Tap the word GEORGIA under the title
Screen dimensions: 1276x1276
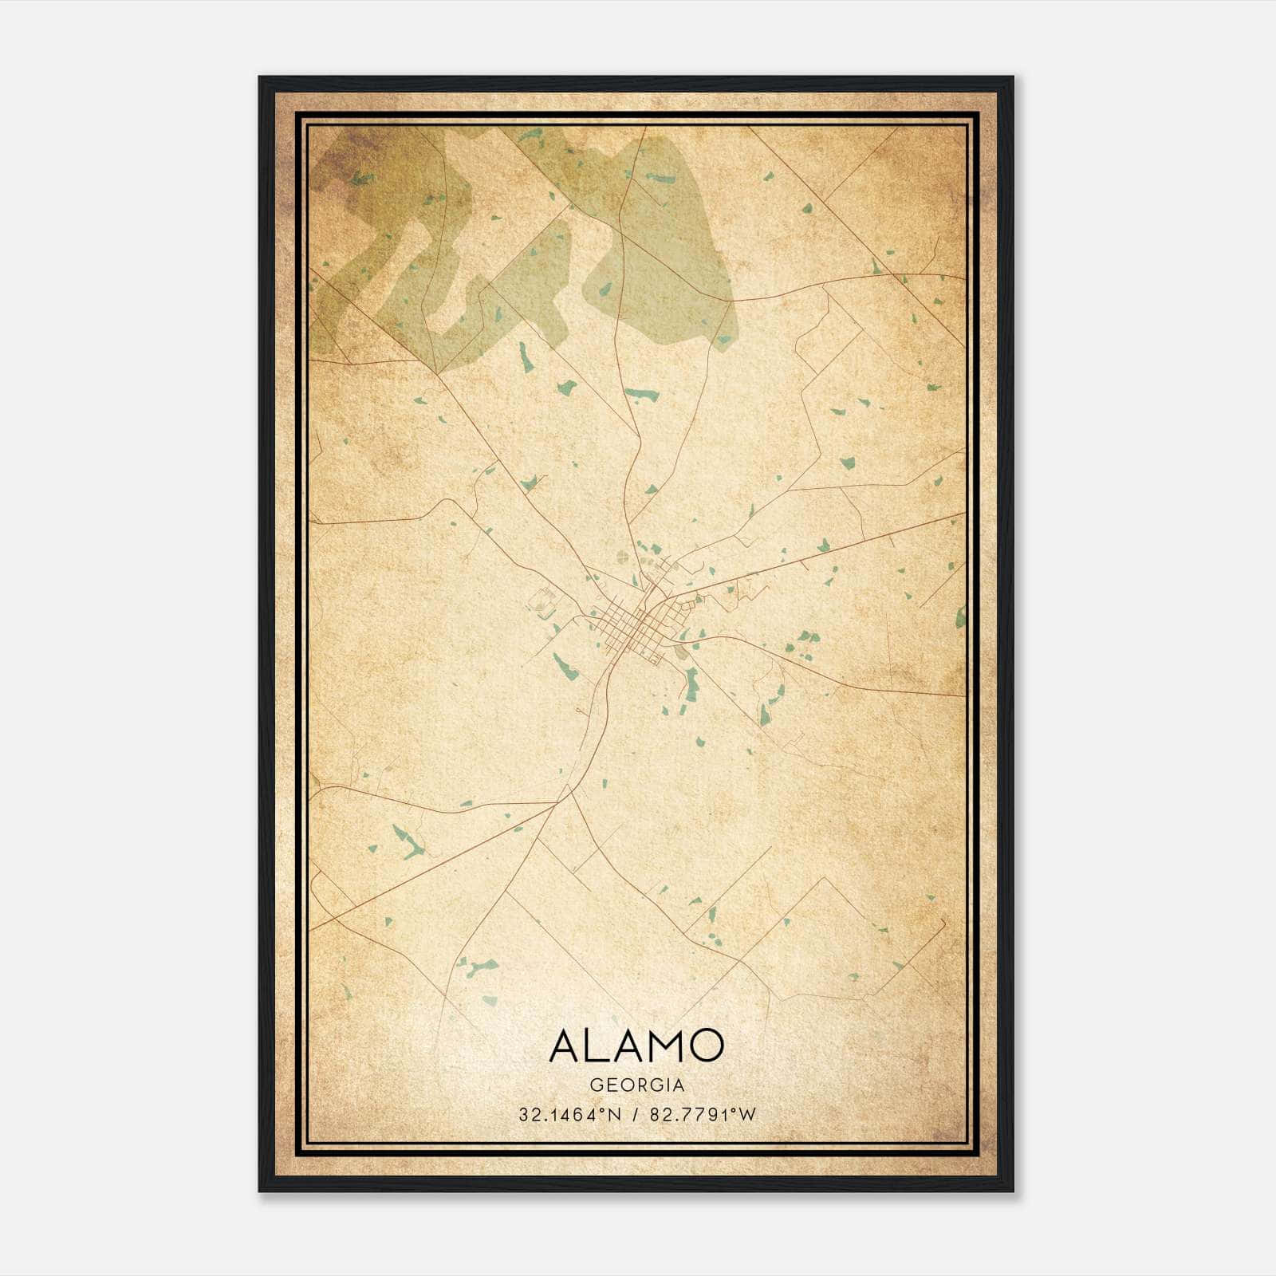[636, 1085]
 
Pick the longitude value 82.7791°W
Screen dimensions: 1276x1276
[703, 1115]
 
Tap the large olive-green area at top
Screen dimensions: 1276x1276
[662, 239]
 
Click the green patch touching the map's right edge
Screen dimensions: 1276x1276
[959, 616]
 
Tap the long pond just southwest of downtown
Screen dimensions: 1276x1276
[565, 668]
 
